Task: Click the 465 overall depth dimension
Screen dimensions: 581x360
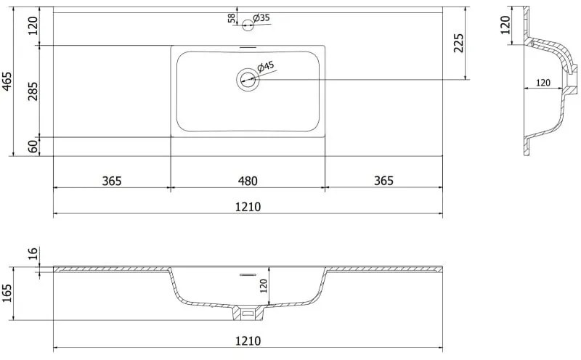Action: [7, 81]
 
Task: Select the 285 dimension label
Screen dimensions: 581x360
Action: [33, 91]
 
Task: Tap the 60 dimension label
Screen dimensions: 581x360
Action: [33, 147]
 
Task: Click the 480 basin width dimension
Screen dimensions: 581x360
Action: [248, 181]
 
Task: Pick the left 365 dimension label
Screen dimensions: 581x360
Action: [112, 181]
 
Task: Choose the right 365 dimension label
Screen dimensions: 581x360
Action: [383, 181]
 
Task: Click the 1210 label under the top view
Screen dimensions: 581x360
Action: [248, 207]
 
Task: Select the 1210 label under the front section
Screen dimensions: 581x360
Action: [248, 340]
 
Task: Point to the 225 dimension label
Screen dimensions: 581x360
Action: [459, 43]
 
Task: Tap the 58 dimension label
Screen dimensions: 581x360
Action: [232, 18]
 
